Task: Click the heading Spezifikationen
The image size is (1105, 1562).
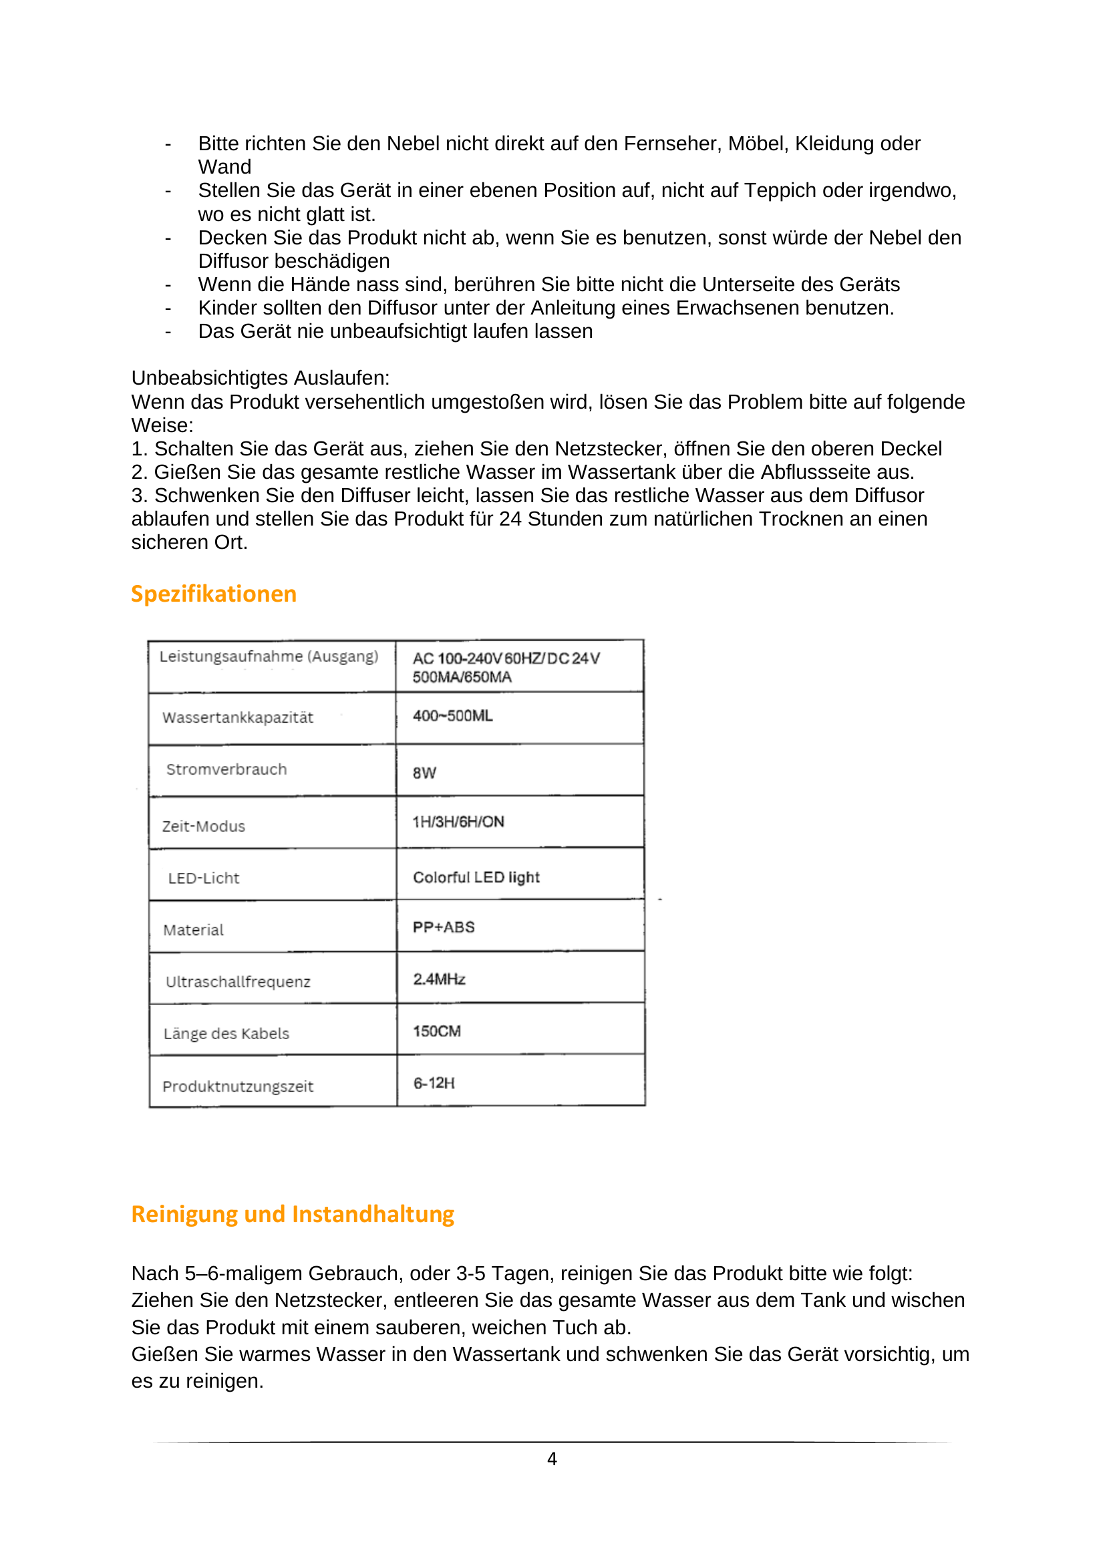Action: click(x=214, y=594)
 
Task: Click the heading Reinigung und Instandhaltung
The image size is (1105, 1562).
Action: click(x=293, y=1214)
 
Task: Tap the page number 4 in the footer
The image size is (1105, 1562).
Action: click(x=552, y=1458)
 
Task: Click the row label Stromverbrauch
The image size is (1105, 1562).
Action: click(x=226, y=769)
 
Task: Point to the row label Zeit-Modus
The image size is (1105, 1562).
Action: click(x=204, y=827)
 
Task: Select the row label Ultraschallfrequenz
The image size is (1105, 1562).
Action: click(x=238, y=982)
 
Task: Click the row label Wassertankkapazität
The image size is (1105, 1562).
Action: click(x=238, y=718)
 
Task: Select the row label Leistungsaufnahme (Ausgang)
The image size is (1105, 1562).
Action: click(x=269, y=656)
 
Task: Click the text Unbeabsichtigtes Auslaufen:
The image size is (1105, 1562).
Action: click(x=260, y=378)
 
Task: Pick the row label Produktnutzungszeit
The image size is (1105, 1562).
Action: click(x=238, y=1087)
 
